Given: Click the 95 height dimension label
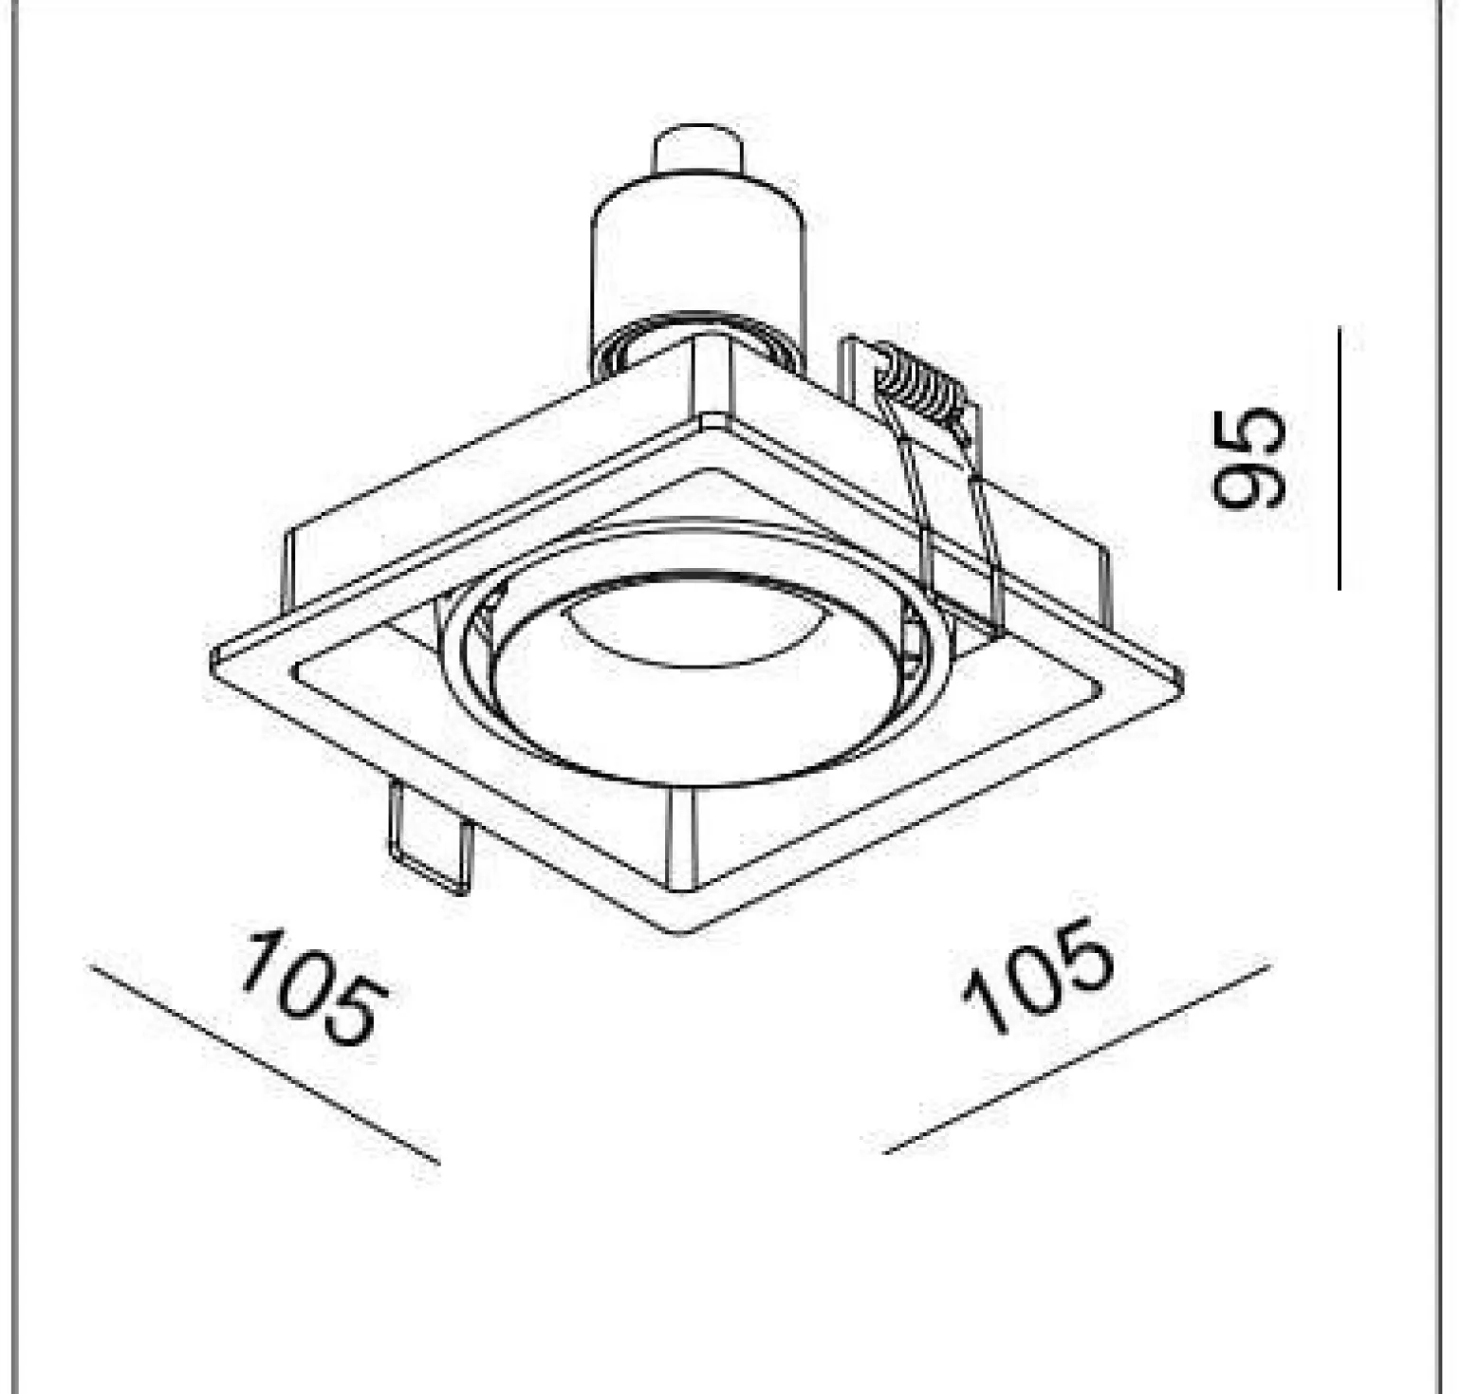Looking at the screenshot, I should tap(1250, 458).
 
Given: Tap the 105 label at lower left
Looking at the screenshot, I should tap(313, 987).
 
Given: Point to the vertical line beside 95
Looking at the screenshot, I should tap(1339, 458).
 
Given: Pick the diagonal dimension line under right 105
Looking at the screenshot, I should tap(1076, 1059).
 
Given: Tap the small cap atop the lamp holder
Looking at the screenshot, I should tap(697, 152).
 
